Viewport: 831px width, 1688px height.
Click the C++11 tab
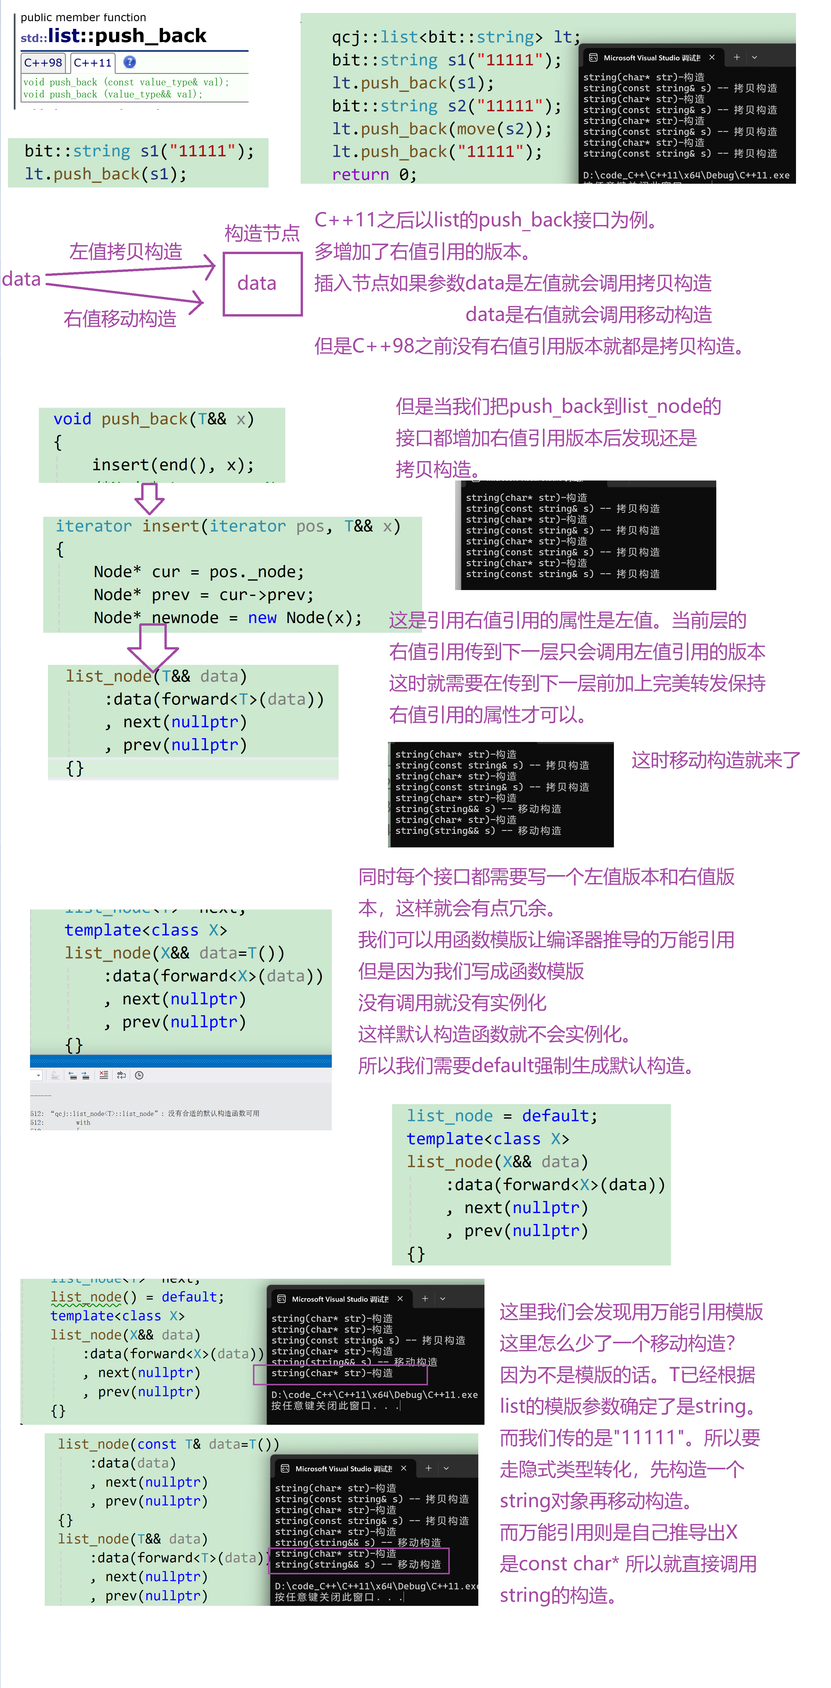[x=92, y=63]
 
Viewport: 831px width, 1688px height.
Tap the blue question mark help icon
[x=130, y=62]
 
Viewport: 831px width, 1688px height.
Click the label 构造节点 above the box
[x=262, y=233]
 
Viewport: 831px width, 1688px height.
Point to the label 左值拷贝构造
[x=126, y=252]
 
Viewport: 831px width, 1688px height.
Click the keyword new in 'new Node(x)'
[x=262, y=618]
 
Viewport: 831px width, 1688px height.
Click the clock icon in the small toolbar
[x=139, y=1075]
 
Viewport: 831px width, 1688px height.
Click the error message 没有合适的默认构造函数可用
[x=214, y=1113]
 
